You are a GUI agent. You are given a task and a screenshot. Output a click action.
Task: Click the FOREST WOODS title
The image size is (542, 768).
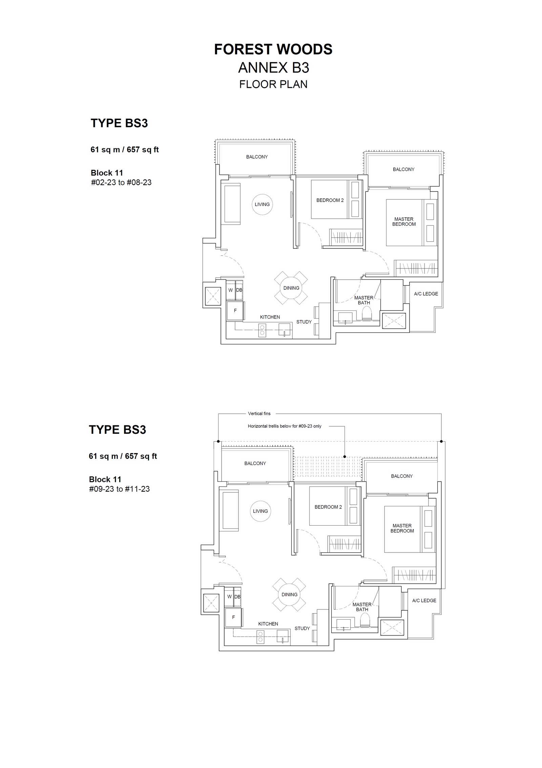point(273,49)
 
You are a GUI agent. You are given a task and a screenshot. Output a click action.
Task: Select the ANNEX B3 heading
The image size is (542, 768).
point(273,68)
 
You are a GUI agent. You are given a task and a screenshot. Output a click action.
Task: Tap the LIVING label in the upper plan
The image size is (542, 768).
point(262,204)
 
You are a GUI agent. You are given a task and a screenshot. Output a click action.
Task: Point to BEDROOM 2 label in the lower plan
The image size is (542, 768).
point(328,507)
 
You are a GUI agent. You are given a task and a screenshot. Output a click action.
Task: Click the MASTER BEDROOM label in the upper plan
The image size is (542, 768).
point(404,222)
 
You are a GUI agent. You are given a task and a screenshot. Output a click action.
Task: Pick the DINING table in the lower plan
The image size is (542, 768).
point(289,594)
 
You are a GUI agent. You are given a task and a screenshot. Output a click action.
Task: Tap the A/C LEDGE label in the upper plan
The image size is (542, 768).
point(426,294)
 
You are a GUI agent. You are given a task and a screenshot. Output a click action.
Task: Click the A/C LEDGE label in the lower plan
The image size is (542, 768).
point(424,601)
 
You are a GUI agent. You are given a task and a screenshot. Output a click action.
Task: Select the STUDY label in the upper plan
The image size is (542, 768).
point(304,322)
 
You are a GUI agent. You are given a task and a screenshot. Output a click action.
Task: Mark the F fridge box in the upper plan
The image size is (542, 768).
point(235,310)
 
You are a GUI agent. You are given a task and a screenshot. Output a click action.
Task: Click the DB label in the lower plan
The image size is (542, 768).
point(237,597)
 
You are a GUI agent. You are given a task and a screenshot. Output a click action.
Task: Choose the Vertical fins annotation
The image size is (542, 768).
point(259,413)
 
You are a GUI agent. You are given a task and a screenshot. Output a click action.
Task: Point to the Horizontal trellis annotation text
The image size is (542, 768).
point(285,426)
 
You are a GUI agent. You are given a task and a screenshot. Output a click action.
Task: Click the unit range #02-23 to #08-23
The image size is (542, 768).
point(121,182)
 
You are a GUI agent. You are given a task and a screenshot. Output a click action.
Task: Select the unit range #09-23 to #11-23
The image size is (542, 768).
point(119,489)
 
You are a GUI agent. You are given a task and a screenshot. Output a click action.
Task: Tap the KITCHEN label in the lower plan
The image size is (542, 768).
point(268,624)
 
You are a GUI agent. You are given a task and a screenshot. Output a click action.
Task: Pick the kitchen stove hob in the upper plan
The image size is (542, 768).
point(262,330)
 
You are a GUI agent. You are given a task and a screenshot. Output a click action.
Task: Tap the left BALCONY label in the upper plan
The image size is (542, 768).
point(257,157)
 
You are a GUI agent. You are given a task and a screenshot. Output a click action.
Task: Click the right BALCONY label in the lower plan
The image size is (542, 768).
point(402,476)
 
